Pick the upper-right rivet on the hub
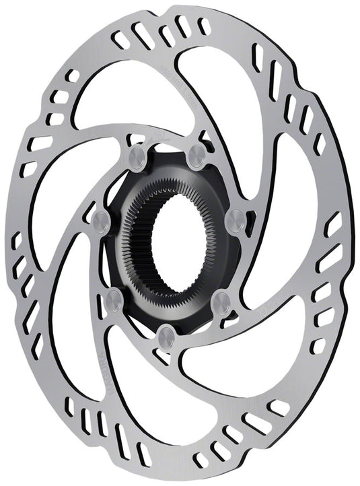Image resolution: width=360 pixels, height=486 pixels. (x=196, y=156)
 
